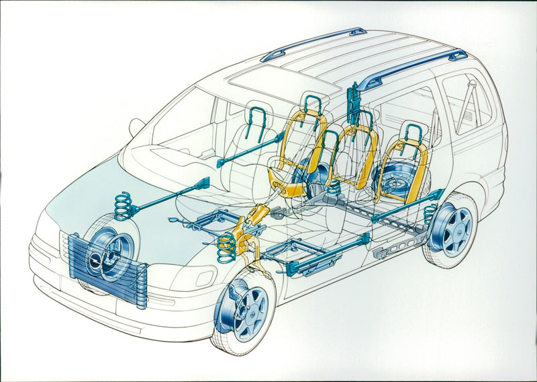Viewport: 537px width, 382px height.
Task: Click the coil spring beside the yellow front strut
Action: [227, 247]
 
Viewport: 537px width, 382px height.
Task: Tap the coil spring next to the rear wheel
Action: [430, 215]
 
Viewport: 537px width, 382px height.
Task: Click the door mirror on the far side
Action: [136, 126]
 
